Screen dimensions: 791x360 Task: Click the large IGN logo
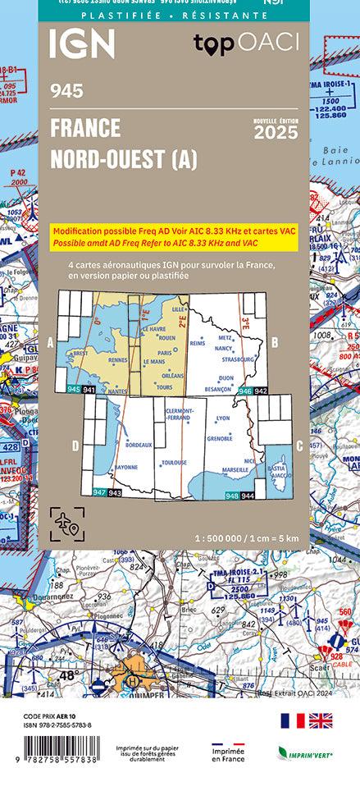click(x=81, y=44)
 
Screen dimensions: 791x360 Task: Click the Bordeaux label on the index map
click(x=139, y=444)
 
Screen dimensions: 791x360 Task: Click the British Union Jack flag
click(x=320, y=721)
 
